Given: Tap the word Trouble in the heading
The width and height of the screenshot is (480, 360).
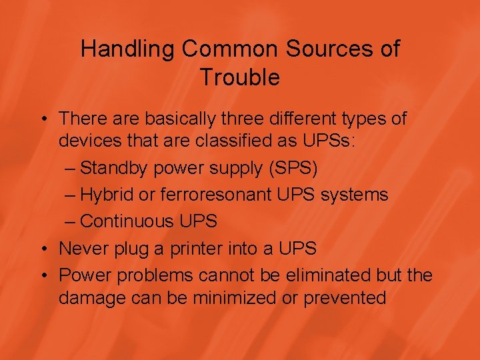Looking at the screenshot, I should click(240, 77).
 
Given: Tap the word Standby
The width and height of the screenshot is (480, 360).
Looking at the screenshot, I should click(117, 169).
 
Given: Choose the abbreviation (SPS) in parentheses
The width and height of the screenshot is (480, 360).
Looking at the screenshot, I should click(293, 169).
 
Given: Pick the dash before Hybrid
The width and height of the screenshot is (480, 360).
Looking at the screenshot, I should click(71, 195).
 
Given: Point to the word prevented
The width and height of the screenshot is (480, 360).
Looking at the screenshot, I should click(345, 297).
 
